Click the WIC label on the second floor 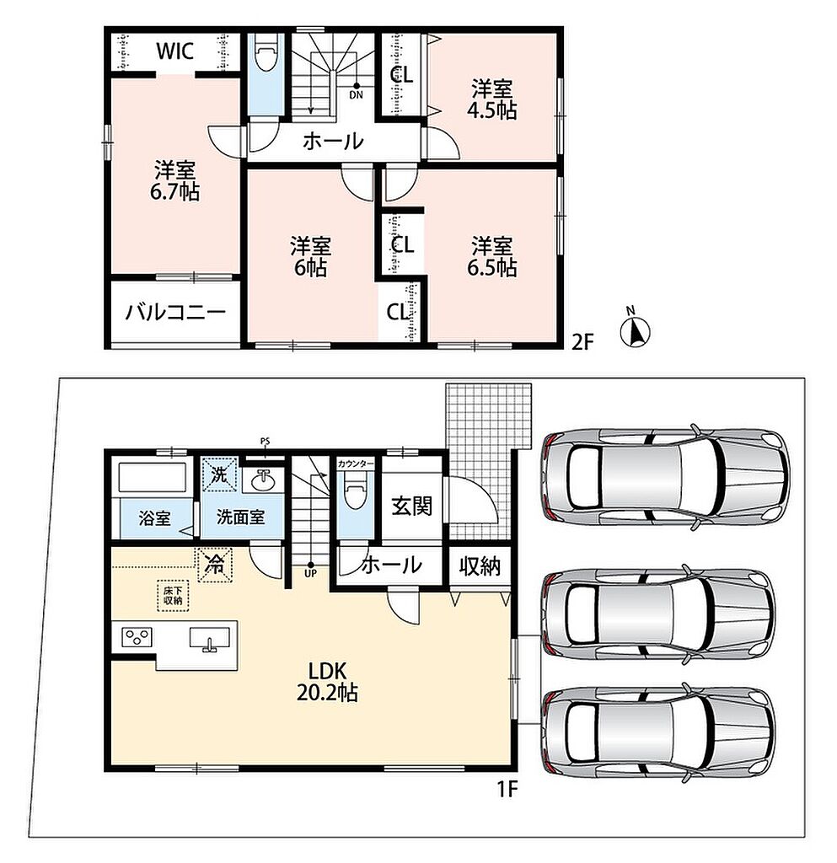175,51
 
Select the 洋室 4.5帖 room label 491,99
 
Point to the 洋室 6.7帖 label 175,180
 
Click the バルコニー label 175,313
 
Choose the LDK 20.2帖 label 327,681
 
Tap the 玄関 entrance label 411,506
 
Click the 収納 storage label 480,566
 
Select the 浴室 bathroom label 154,518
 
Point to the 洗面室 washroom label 240,517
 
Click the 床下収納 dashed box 173,596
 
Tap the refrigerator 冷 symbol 215,564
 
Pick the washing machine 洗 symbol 219,474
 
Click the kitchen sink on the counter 209,640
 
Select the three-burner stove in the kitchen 137,637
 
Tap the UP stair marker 311,569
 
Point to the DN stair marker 356,90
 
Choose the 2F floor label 583,342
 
